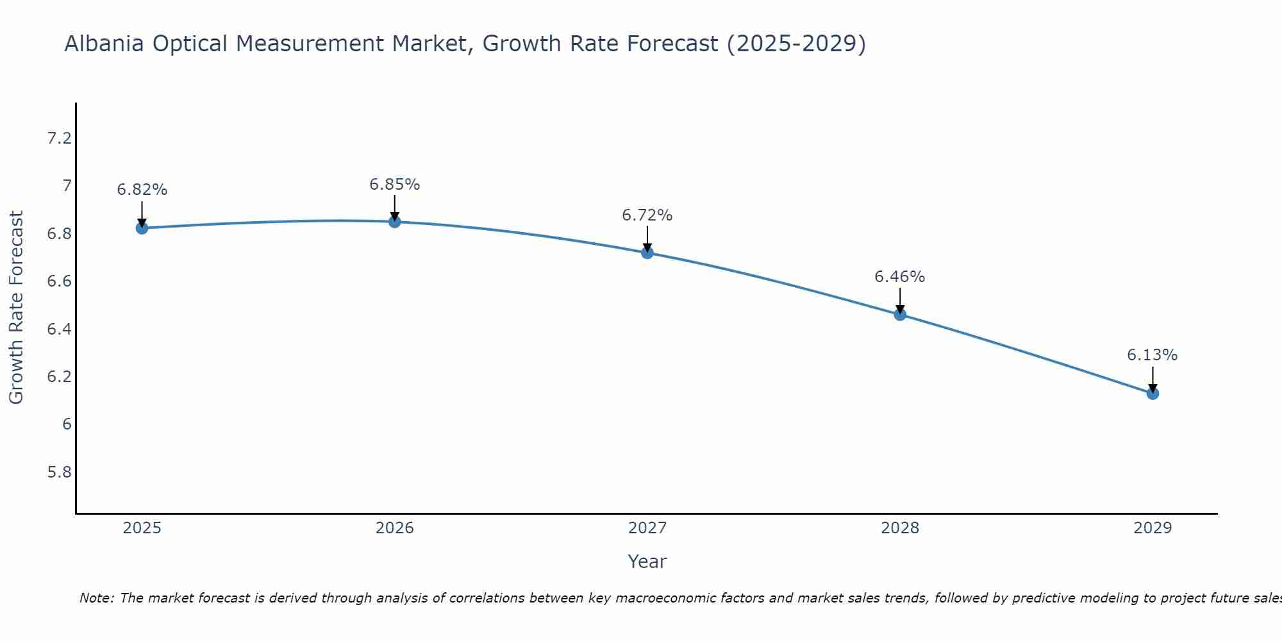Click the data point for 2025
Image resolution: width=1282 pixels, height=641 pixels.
pyautogui.click(x=142, y=228)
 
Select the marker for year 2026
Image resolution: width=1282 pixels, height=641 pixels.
pyautogui.click(x=395, y=222)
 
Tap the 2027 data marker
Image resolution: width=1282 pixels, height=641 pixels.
pyautogui.click(x=647, y=253)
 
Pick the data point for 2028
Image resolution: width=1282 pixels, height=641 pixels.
pyautogui.click(x=900, y=314)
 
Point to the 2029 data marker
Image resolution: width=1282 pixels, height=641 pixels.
pyautogui.click(x=1153, y=393)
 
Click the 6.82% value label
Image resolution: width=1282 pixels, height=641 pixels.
pyautogui.click(x=142, y=190)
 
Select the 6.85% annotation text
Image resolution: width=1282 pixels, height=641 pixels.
pyautogui.click(x=395, y=185)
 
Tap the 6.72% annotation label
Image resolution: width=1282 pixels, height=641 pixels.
pyautogui.click(x=647, y=215)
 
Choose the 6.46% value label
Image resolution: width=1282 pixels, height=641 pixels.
pyautogui.click(x=900, y=277)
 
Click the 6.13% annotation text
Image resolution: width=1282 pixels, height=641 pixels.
pyautogui.click(x=1153, y=355)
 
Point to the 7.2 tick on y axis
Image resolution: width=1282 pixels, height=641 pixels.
pyautogui.click(x=59, y=138)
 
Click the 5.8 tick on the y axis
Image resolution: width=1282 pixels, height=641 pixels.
pyautogui.click(x=59, y=472)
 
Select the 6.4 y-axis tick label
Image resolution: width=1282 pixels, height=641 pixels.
pyautogui.click(x=59, y=329)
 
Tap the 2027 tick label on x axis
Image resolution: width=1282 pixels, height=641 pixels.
pyautogui.click(x=647, y=528)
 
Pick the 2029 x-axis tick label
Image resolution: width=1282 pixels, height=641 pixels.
pyautogui.click(x=1153, y=528)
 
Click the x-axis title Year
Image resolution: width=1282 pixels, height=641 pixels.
pyautogui.click(x=647, y=562)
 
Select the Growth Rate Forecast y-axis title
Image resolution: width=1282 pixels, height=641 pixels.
pyautogui.click(x=16, y=308)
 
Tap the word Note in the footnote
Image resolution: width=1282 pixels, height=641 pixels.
pyautogui.click(x=96, y=598)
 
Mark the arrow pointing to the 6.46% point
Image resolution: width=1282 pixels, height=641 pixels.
pyautogui.click(x=900, y=300)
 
